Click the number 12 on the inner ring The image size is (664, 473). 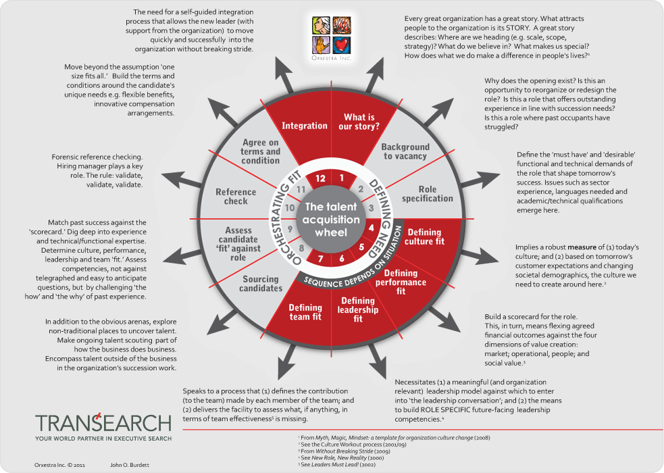[x=320, y=178]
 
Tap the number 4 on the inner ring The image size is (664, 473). [x=371, y=228]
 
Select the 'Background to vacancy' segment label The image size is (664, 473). [x=405, y=151]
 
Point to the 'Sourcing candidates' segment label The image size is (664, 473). [x=261, y=284]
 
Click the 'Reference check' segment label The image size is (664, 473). [x=236, y=197]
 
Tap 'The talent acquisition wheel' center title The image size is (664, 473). [x=332, y=220]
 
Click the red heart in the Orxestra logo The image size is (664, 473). [x=343, y=45]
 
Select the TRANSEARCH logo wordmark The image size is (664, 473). [x=103, y=423]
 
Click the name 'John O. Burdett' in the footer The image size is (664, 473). [x=129, y=465]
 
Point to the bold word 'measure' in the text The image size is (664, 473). [x=582, y=247]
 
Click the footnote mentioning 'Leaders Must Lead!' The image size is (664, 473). [x=329, y=466]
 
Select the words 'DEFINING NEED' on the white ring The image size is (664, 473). [x=377, y=203]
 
